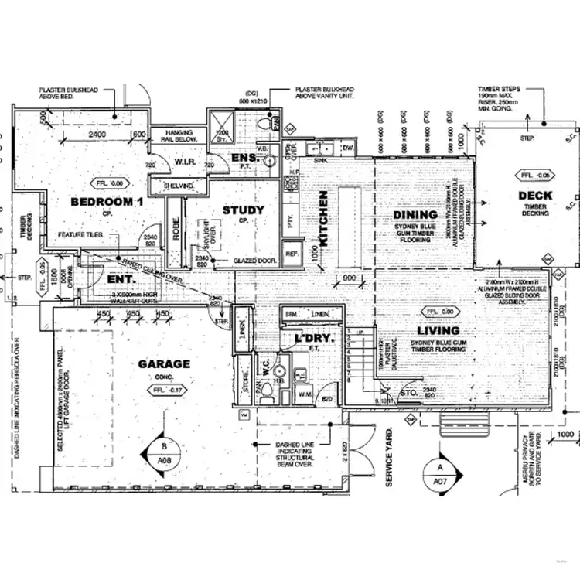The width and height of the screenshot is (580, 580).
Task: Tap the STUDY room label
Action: tap(243, 210)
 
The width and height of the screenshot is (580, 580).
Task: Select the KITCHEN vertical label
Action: tap(324, 219)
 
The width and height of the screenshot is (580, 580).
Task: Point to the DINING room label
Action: tap(415, 214)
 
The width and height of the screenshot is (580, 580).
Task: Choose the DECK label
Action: tap(534, 196)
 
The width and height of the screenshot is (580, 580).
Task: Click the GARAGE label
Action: tap(164, 363)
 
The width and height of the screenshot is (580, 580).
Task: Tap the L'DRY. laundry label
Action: tap(312, 339)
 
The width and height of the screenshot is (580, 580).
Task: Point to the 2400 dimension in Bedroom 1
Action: tap(97, 134)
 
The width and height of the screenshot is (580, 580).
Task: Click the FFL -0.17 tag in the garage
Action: tap(166, 391)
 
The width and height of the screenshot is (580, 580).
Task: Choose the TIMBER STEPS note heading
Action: tap(495, 89)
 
